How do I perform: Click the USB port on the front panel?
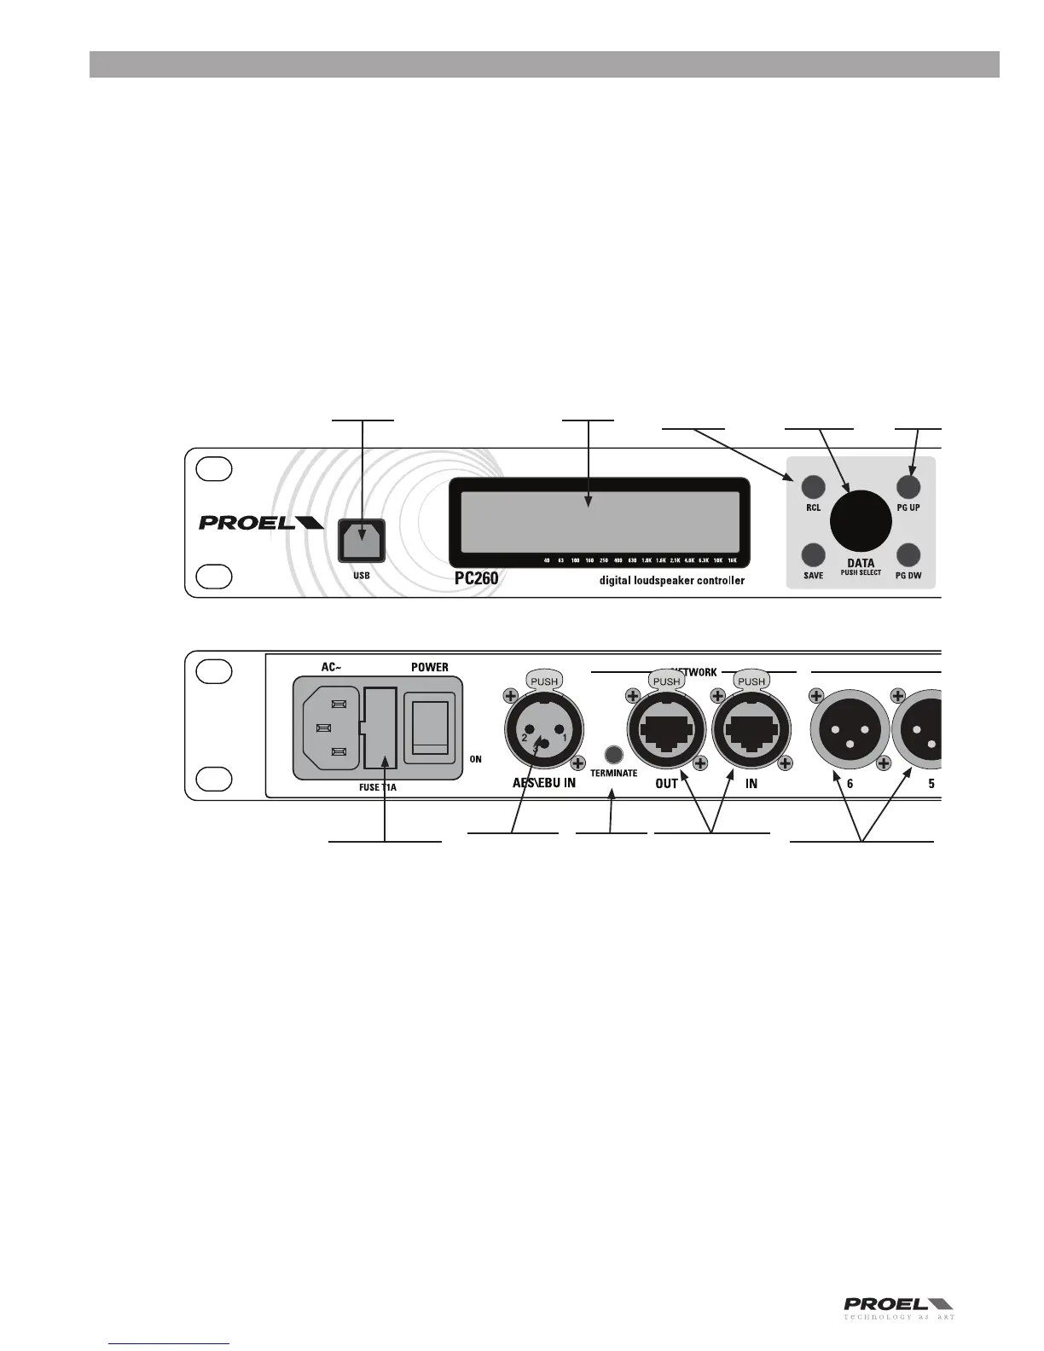(362, 540)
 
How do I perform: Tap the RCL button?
(813, 487)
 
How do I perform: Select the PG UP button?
(908, 487)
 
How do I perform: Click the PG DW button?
(908, 555)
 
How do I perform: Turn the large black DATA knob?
(861, 521)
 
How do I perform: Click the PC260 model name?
(476, 578)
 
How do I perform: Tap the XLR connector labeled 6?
(850, 731)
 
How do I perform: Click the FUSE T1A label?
(378, 788)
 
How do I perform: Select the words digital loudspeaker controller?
(666, 580)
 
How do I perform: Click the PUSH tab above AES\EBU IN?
(544, 681)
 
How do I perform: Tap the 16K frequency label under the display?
(732, 560)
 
